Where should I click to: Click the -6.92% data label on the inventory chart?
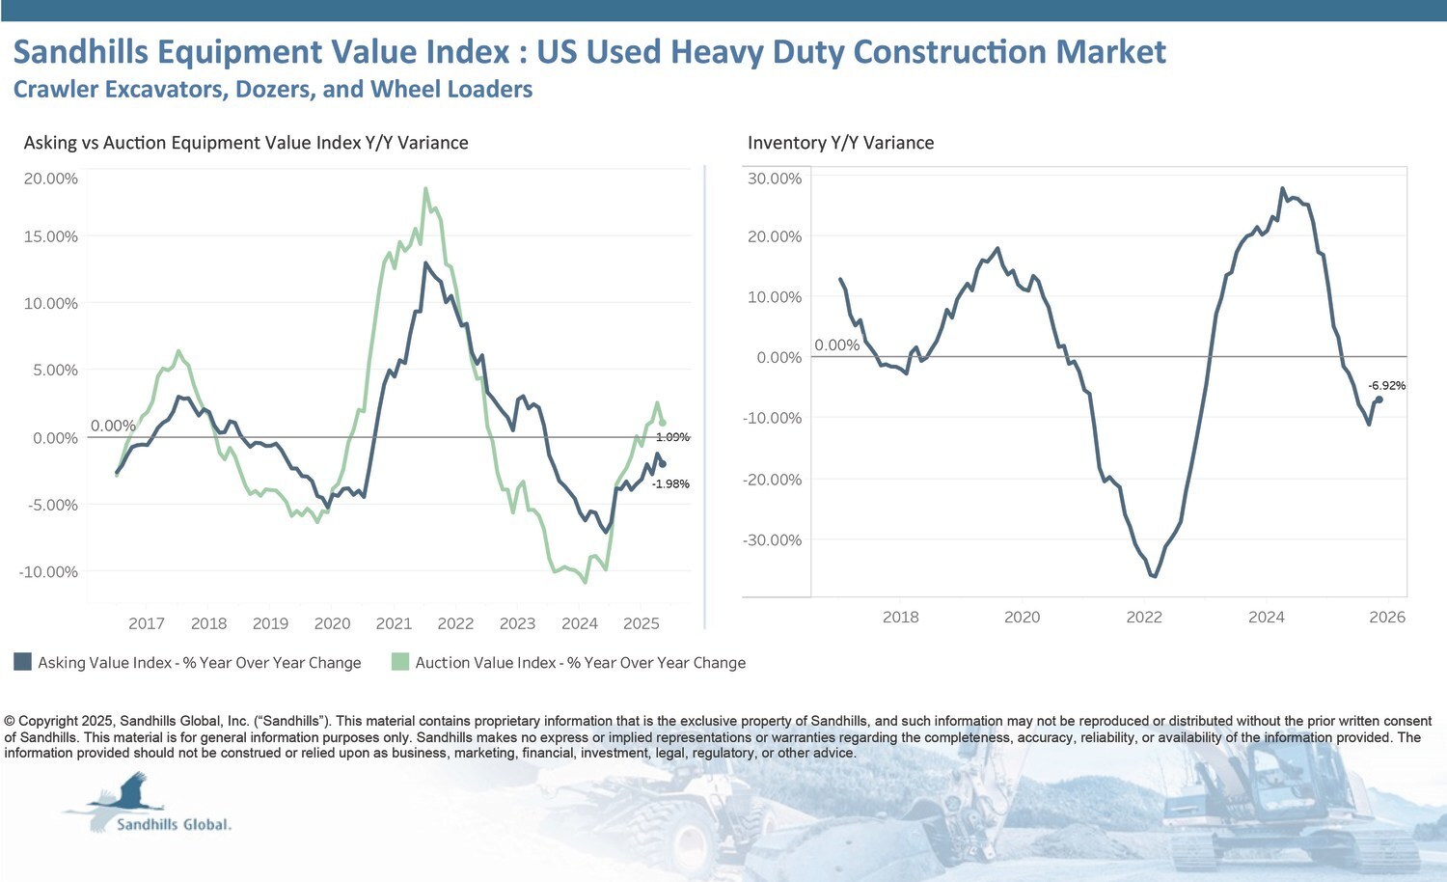1386,385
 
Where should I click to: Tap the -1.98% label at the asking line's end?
670,483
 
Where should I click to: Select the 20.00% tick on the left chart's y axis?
50,179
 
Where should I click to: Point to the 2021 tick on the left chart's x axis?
394,623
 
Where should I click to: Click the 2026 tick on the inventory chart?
1387,617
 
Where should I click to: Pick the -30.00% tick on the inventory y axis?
772,539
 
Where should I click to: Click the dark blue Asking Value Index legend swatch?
22,661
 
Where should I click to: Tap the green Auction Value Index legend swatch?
399,661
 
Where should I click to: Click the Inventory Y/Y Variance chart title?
840,143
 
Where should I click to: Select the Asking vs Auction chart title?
246,143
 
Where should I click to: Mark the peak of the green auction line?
425,188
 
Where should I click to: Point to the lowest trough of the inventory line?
1154,576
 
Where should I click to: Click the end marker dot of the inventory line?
1379,399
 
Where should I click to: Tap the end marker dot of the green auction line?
662,423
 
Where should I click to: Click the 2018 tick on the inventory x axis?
900,617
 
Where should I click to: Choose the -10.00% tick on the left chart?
48,571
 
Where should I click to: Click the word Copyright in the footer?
48,721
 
